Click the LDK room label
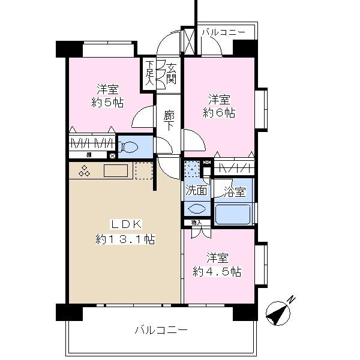(125, 224)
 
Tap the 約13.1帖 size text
(125, 239)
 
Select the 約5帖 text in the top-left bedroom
(109, 103)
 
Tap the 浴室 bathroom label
(234, 193)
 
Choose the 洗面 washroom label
(196, 192)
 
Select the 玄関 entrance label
(172, 73)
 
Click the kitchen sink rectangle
(115, 171)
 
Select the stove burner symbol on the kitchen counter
(83, 172)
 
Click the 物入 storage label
(196, 223)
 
